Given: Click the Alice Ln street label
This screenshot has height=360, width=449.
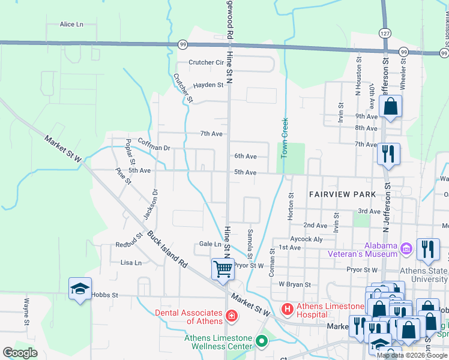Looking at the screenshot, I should point(71,25).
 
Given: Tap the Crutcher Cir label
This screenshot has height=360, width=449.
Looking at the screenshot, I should point(206,62).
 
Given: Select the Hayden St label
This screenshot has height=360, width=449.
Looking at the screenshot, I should point(208,85).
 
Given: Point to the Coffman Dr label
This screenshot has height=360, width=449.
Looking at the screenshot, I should point(154,144).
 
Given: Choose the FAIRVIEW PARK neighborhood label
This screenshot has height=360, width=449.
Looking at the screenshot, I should point(342,194).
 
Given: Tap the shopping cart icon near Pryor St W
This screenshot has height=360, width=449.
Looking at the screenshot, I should point(223,269).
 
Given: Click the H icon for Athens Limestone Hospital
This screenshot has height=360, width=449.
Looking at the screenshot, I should point(287,309).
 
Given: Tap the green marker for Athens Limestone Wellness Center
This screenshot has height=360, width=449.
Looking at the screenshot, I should point(262,341).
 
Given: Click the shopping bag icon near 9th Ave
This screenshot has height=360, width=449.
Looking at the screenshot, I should point(390,107).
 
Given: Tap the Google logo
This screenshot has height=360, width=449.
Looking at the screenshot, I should point(20,353).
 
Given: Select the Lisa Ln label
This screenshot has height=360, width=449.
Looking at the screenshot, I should point(131,263).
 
